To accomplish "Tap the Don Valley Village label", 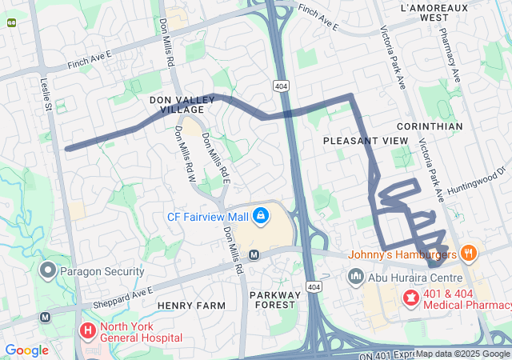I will pos(182,105).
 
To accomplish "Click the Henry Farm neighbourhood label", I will pos(187,306).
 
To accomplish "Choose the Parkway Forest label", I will pos(274,300).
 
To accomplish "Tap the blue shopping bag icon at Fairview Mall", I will pos(261,216).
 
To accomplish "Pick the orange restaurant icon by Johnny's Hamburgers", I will pos(469,254).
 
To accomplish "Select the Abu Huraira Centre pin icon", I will pos(357,277).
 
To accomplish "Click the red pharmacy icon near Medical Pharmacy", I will pos(411,298).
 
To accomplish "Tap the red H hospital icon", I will pos(87,330).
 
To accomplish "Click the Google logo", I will pos(26,350).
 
